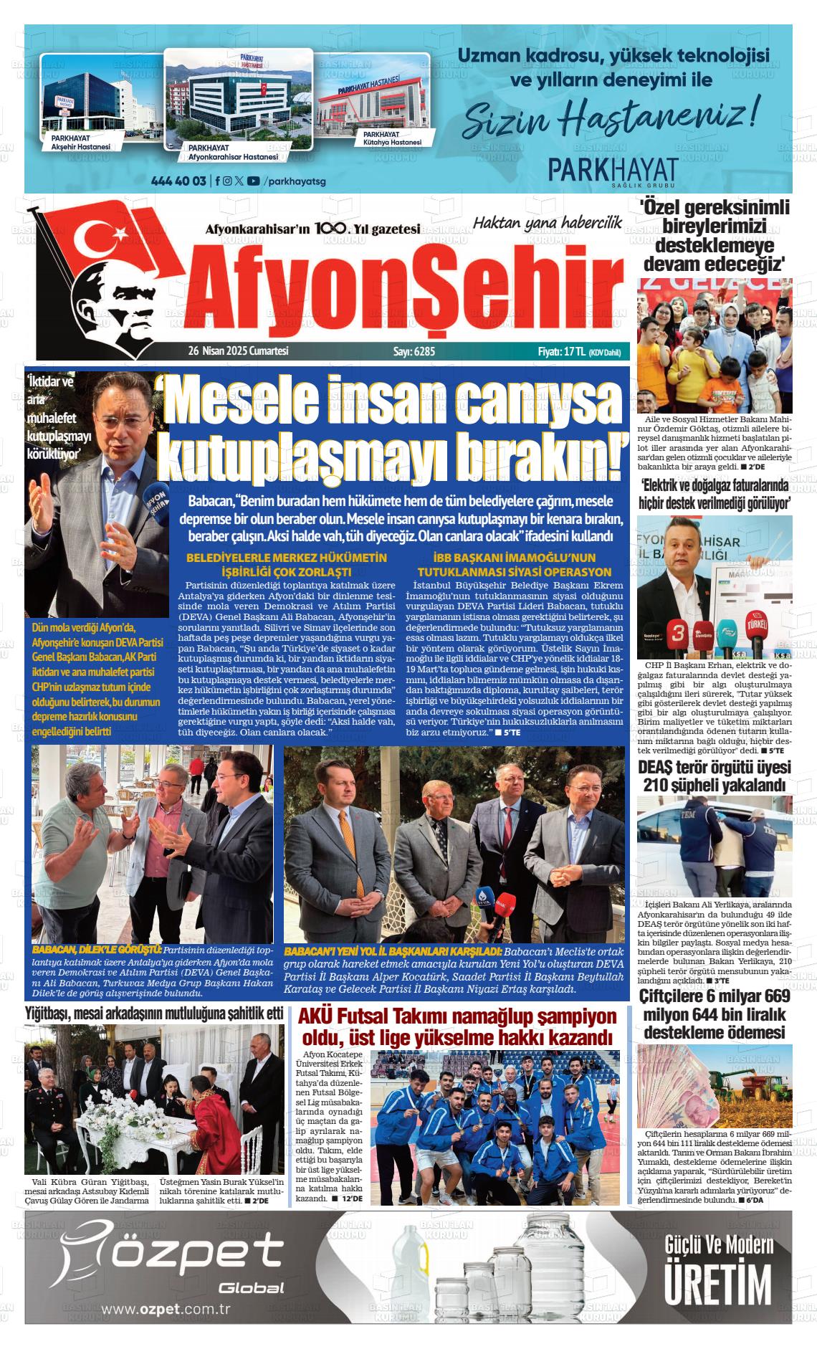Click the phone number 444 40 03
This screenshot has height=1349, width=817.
(178, 181)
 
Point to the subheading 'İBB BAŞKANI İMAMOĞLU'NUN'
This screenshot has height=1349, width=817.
(514, 558)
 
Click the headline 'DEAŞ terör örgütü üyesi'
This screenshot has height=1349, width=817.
(715, 768)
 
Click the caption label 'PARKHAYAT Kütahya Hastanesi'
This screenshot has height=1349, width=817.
(392, 138)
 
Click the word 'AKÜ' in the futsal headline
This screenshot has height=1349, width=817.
(316, 1016)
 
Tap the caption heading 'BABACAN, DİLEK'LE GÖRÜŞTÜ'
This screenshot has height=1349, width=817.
(97, 948)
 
